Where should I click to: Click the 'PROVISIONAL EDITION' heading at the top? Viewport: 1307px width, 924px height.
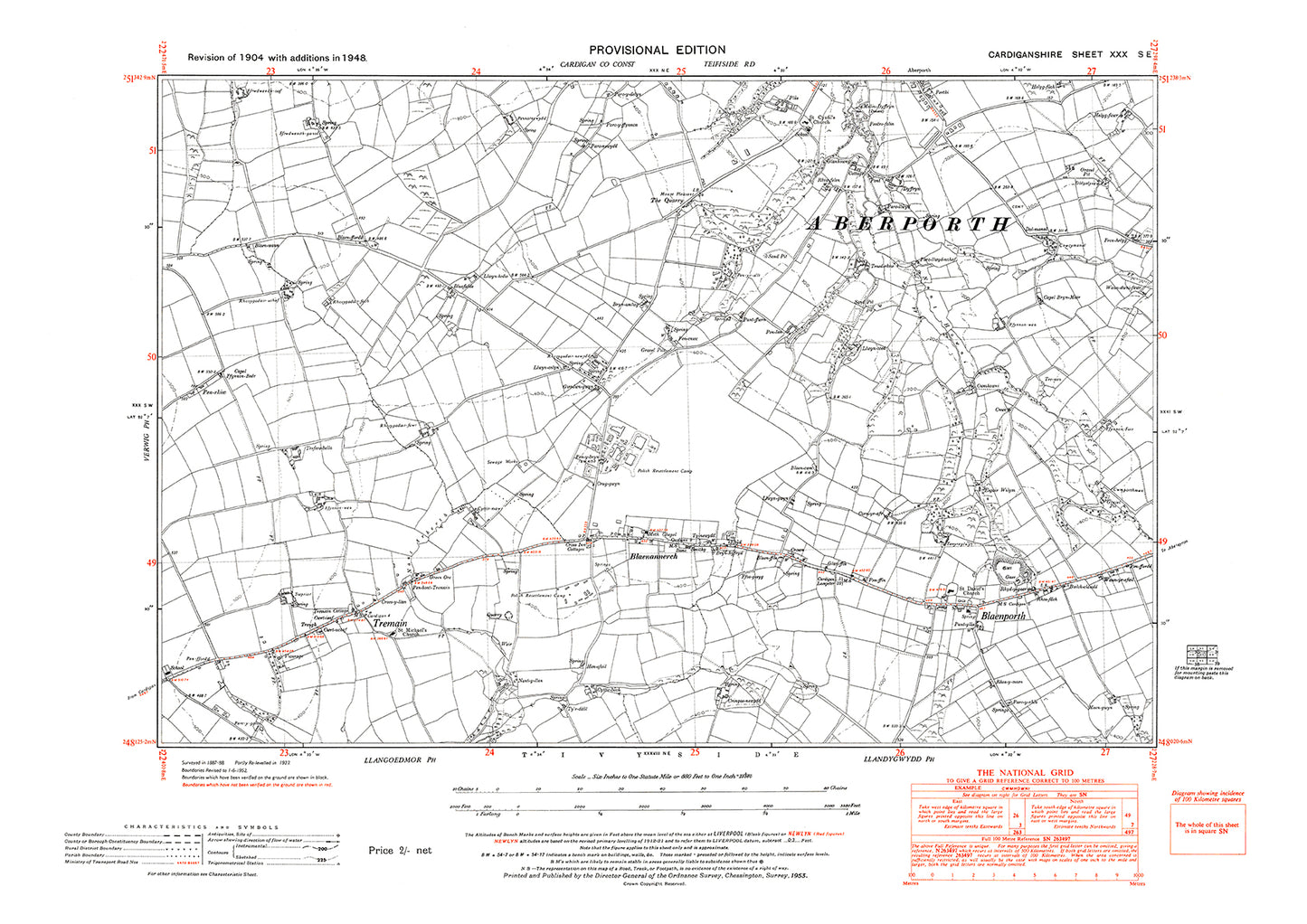tap(657, 51)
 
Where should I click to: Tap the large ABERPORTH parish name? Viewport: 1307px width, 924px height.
tap(907, 224)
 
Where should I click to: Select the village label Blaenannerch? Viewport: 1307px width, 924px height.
tap(653, 558)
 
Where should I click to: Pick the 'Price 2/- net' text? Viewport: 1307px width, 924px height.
tap(400, 851)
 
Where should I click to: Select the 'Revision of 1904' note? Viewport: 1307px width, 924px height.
tap(277, 57)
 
